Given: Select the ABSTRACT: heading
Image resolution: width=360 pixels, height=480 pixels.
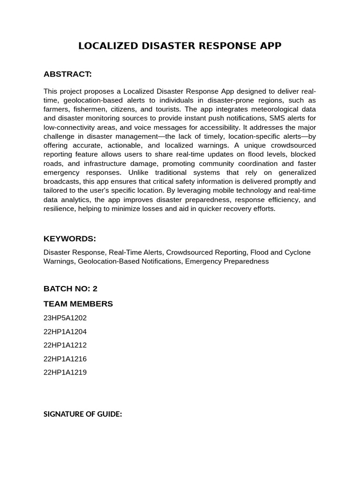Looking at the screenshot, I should pyautogui.click(x=67, y=74).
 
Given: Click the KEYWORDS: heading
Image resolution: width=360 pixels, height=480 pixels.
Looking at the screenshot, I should pyautogui.click(x=70, y=239).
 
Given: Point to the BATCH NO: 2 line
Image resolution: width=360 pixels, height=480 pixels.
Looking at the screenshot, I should pyautogui.click(x=70, y=289).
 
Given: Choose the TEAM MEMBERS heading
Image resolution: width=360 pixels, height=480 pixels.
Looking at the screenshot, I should pyautogui.click(x=78, y=304).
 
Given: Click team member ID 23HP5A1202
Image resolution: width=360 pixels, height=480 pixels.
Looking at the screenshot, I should pyautogui.click(x=65, y=318).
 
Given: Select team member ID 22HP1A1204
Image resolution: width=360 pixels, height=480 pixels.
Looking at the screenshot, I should pyautogui.click(x=65, y=331).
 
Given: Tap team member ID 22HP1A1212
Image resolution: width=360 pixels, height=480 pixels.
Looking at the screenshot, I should pyautogui.click(x=65, y=345).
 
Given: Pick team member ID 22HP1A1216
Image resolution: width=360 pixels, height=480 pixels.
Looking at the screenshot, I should pyautogui.click(x=65, y=359).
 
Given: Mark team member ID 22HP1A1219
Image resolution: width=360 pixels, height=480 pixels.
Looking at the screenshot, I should pyautogui.click(x=65, y=372).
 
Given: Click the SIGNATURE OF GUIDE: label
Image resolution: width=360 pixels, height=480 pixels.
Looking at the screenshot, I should pyautogui.click(x=83, y=414).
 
